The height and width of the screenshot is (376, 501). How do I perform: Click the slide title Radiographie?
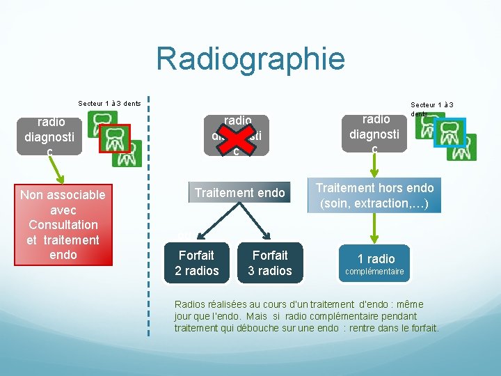pos(250,58)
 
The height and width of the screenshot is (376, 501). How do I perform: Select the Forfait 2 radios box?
pos(197,263)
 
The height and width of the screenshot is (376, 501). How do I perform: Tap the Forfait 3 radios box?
pos(270,263)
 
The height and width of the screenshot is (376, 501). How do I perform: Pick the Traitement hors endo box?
pos(375,196)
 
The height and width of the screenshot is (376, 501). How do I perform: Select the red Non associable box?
pos(63,224)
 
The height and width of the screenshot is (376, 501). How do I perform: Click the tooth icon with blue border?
pos(449,132)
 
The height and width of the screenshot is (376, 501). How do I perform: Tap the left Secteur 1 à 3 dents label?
pos(109,104)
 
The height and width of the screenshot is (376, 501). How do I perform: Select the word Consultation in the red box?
pos(63,225)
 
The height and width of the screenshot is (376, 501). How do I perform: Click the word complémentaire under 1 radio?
pos(375,272)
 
